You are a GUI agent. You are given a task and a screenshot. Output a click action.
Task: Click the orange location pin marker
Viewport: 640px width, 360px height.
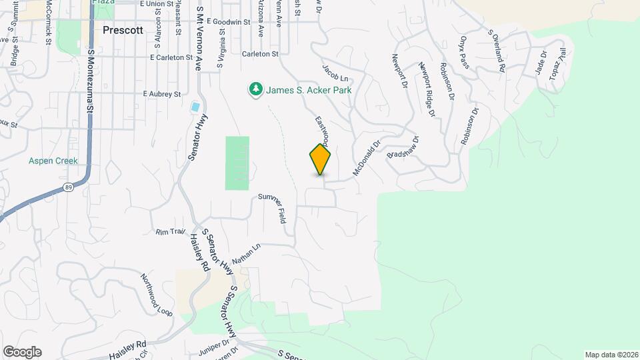click(x=320, y=159)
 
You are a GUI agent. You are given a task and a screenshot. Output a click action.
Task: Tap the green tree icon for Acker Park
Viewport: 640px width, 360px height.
click(x=255, y=89)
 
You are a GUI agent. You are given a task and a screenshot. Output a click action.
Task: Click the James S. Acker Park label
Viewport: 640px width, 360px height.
click(x=309, y=89)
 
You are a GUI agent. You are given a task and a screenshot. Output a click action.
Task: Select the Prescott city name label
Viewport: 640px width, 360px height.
click(x=124, y=30)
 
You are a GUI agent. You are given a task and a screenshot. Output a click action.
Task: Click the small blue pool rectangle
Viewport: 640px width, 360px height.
click(x=195, y=107)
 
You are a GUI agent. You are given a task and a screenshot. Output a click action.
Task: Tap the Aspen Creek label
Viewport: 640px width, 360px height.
click(x=53, y=161)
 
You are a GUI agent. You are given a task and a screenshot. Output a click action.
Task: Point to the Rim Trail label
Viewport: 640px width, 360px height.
click(x=170, y=232)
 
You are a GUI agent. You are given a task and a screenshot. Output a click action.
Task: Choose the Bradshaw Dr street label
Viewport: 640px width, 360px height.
click(x=403, y=148)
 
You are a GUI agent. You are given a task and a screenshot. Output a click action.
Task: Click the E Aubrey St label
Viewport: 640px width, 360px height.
click(x=162, y=95)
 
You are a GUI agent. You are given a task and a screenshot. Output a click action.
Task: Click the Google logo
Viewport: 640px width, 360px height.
click(x=22, y=351)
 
